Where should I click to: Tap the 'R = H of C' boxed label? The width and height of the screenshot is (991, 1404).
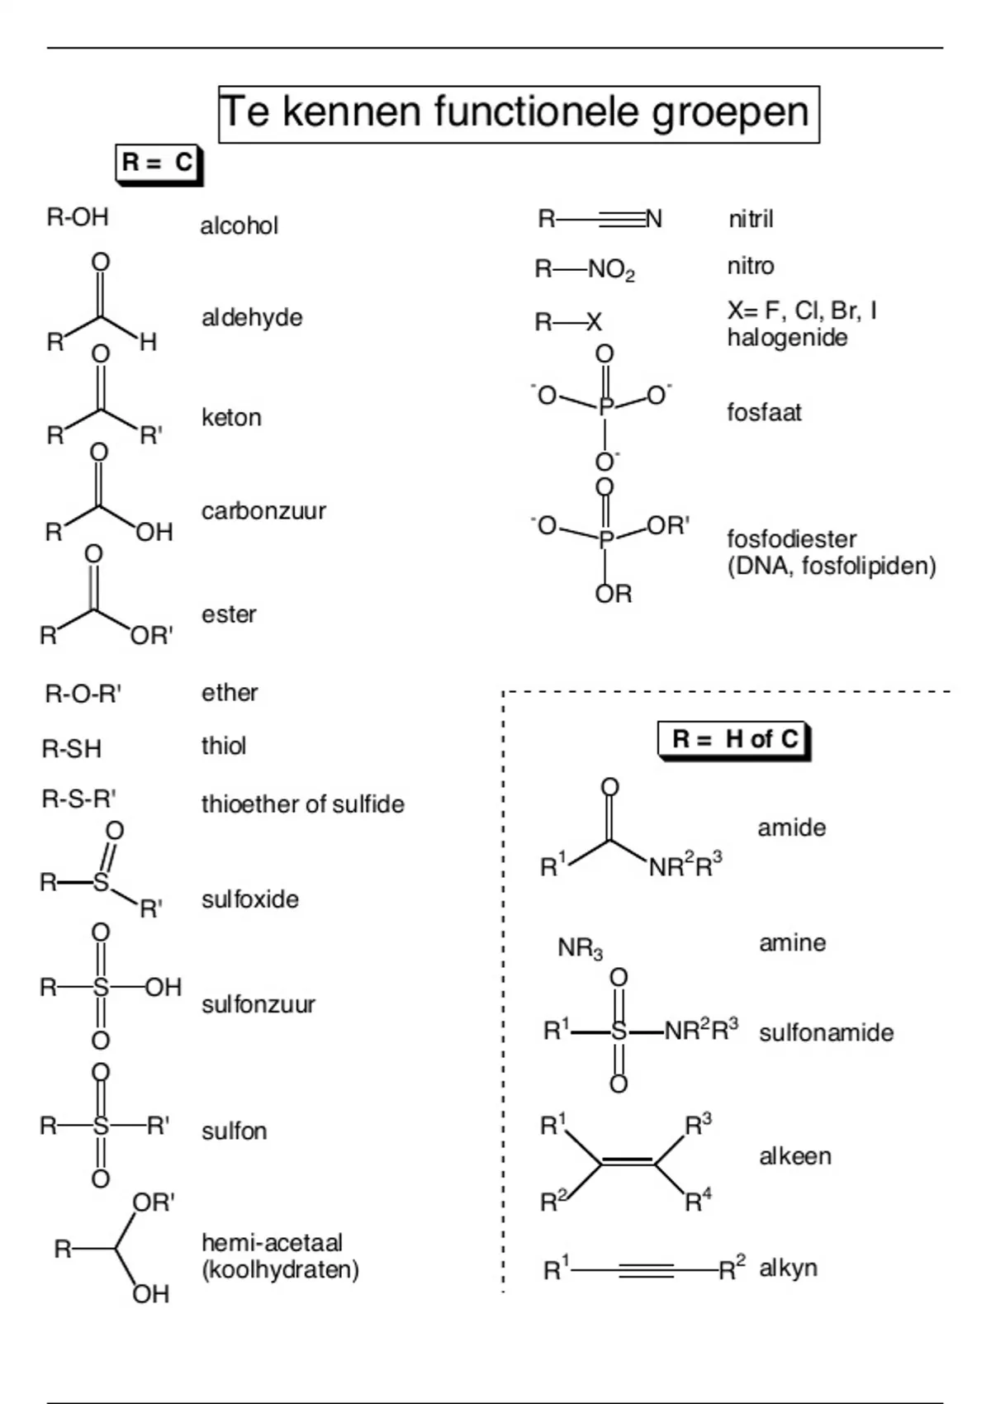(734, 740)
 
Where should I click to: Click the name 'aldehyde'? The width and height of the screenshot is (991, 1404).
(252, 318)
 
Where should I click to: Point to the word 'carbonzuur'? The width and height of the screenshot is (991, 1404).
(264, 511)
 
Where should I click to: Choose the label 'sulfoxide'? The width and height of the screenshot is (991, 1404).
(250, 899)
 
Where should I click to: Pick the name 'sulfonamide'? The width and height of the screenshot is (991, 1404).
(826, 1032)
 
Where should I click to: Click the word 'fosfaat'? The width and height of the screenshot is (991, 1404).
(764, 412)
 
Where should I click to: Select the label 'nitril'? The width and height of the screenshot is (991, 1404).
(751, 220)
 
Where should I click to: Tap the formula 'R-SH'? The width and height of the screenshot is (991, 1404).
(72, 749)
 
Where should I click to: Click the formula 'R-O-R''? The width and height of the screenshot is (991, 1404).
(83, 695)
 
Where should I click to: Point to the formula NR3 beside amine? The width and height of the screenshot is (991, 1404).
(581, 949)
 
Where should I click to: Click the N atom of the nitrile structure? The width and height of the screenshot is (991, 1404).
(654, 219)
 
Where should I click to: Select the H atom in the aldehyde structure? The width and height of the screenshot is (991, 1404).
(148, 342)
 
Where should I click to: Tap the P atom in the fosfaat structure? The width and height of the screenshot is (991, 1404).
(605, 407)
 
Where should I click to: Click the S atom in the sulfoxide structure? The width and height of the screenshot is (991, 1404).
(101, 883)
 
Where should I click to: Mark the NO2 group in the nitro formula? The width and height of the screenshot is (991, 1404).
(612, 270)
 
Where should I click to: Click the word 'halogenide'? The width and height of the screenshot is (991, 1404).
(787, 338)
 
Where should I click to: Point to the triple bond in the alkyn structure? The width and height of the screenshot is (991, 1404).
(647, 1270)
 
